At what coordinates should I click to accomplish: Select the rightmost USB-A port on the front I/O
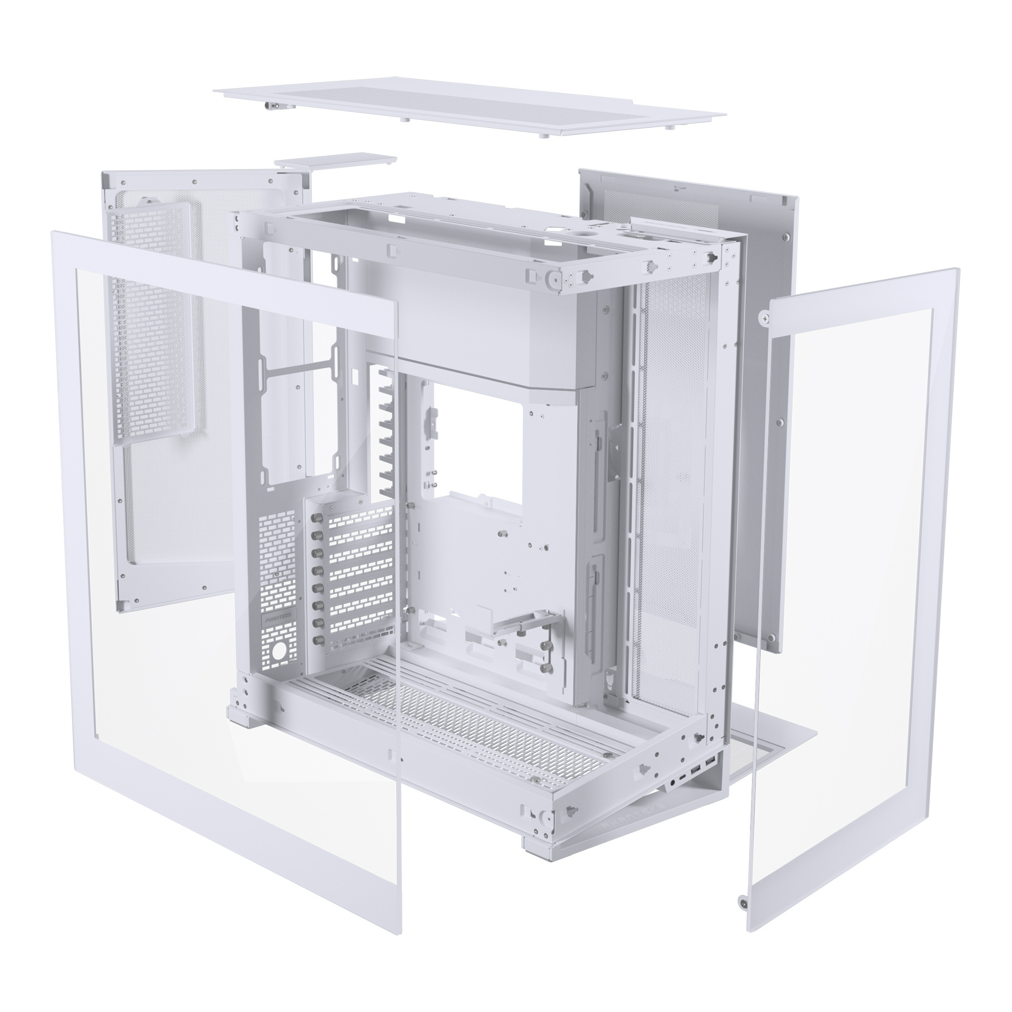click(x=710, y=775)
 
